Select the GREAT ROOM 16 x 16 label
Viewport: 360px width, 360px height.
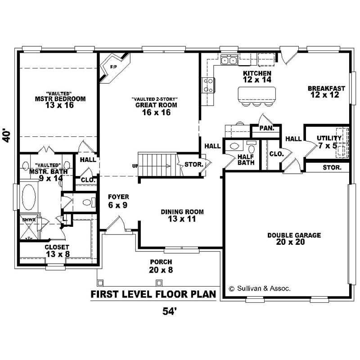pos(153,108)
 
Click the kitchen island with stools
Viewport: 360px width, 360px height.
pos(256,94)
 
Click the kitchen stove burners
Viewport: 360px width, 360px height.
pos(209,85)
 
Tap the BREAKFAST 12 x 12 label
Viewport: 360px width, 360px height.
pos(327,91)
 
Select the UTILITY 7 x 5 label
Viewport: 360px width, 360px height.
pos(329,141)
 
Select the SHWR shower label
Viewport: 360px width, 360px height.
pos(28,220)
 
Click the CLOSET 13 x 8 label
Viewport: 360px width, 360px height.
pos(57,251)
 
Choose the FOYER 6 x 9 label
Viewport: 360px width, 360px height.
pos(118,200)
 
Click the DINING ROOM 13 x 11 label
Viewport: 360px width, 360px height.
pos(182,215)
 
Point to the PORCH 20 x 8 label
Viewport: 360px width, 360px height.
pos(161,266)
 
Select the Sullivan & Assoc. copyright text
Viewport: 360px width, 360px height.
pos(260,288)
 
